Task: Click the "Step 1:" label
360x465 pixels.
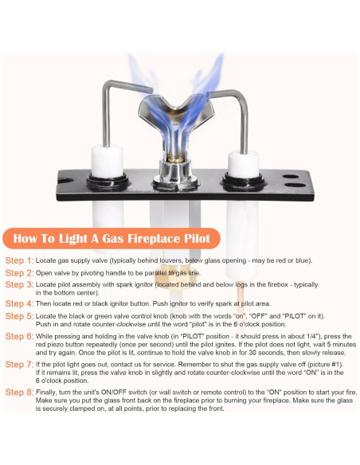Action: (20, 260)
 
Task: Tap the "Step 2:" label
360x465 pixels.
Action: (20, 273)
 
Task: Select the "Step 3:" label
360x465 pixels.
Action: (20, 285)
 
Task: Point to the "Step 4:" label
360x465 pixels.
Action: (20, 303)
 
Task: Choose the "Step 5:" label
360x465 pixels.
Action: (20, 316)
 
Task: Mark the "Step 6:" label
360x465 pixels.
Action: (20, 337)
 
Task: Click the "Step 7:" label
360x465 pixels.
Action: (20, 365)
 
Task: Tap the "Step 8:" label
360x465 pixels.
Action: (20, 393)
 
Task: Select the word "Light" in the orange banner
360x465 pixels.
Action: (74, 238)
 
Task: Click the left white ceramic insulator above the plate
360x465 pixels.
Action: (107, 160)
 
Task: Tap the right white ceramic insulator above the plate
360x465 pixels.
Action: (244, 164)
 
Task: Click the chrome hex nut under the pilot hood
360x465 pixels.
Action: (175, 173)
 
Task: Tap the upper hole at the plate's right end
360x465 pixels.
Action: (291, 177)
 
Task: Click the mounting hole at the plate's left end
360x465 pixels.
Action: (65, 180)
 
